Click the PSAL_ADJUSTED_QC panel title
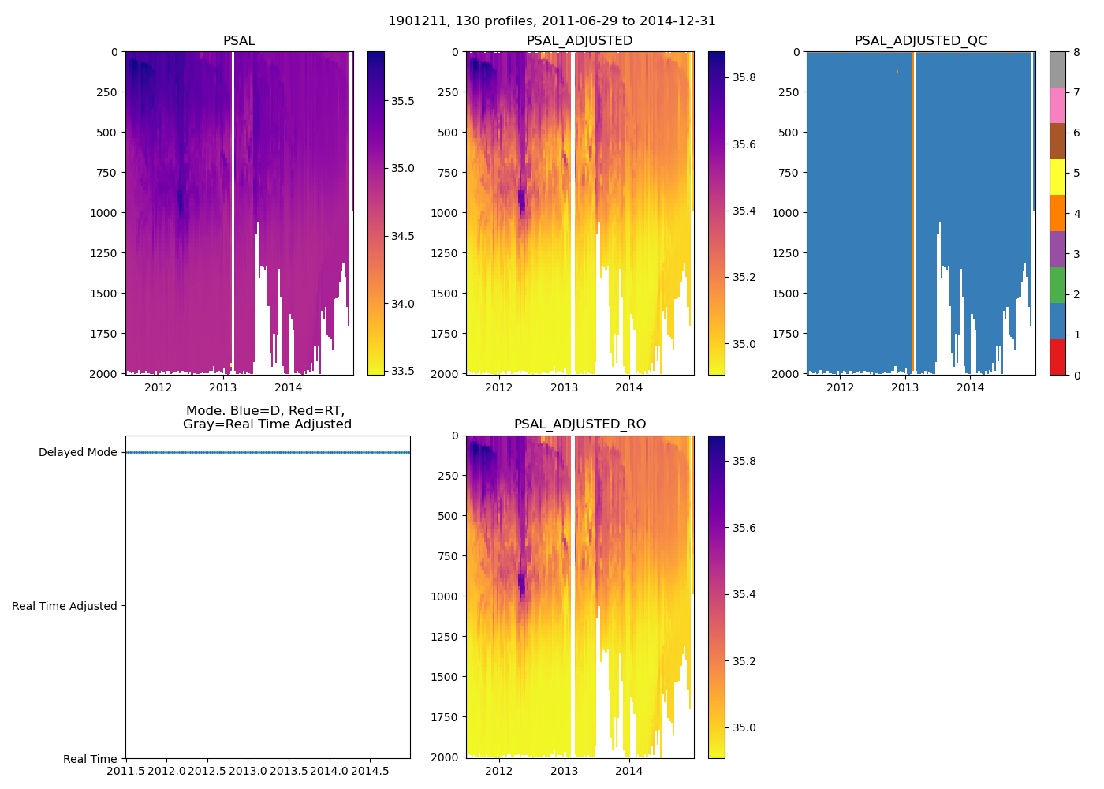tap(920, 41)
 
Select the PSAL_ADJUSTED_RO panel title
tap(580, 424)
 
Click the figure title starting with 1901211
tap(552, 21)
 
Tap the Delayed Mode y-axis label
tap(77, 453)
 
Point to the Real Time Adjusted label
tap(65, 606)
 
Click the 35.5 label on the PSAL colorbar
tap(403, 101)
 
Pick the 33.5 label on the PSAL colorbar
tap(403, 372)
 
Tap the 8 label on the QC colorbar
tap(1076, 53)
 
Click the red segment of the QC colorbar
tap(1057, 357)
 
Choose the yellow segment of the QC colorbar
tap(1057, 178)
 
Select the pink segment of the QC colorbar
tap(1057, 106)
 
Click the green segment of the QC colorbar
tap(1057, 285)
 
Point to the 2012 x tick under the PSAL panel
tap(158, 387)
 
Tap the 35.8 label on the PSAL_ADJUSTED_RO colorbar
tap(744, 461)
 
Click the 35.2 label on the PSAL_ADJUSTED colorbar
tap(744, 278)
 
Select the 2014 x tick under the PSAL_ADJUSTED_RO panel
tap(629, 771)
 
